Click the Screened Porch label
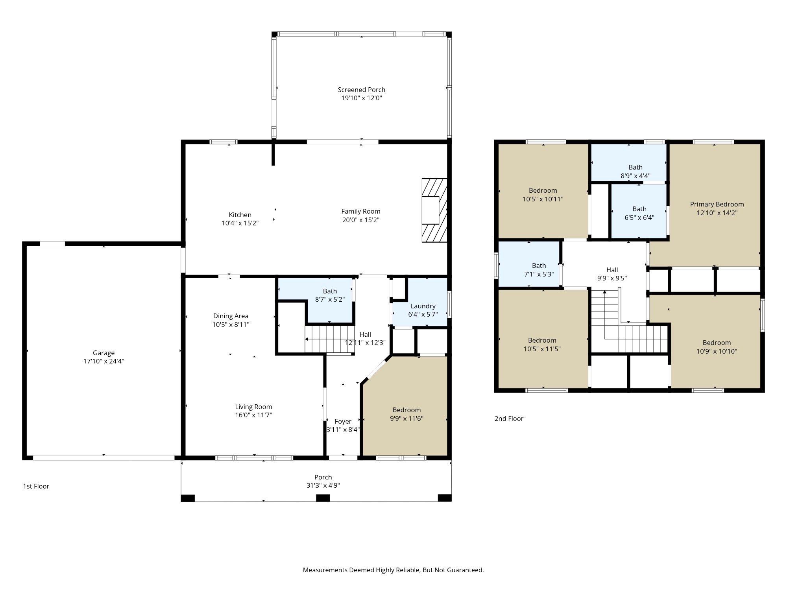pos(361,90)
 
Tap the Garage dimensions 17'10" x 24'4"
pos(103,361)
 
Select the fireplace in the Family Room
pos(434,210)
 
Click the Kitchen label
pos(240,215)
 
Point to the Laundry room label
pos(423,306)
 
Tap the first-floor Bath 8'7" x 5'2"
pos(330,295)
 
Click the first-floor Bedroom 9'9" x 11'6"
pos(406,414)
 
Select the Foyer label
pos(343,422)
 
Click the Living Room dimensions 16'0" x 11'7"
pos(253,415)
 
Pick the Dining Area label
pos(231,316)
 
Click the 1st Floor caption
pos(36,486)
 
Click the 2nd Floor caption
pos(509,419)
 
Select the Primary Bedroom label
pos(717,204)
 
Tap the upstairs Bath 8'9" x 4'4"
pos(636,171)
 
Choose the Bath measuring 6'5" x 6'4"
pos(639,213)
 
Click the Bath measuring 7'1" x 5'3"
pos(539,270)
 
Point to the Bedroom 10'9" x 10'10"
pos(717,347)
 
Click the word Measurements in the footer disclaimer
pos(325,570)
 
